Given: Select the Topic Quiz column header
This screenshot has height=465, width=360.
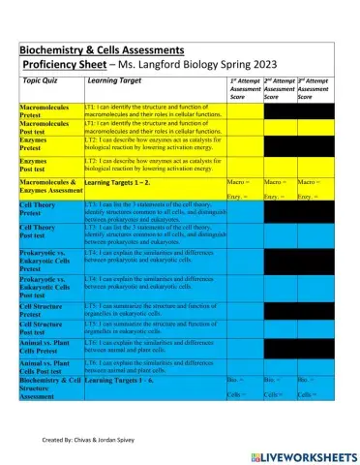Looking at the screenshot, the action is tap(45, 80).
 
